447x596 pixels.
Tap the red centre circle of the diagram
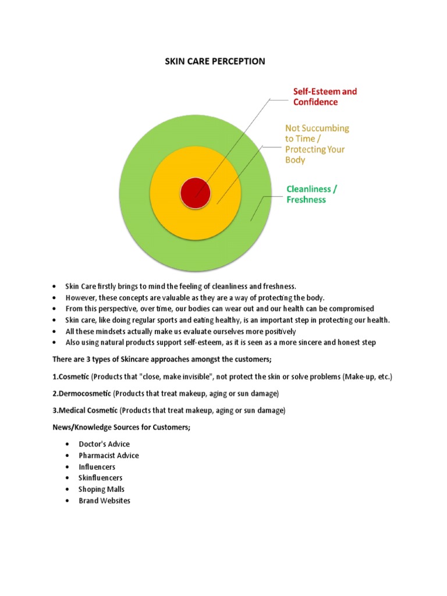tap(195, 193)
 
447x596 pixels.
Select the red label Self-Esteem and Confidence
tap(324, 97)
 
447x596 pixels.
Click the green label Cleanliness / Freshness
tap(311, 194)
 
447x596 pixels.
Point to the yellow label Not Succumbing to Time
tap(317, 143)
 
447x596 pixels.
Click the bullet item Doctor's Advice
tap(104, 444)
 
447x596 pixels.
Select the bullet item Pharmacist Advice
tap(109, 456)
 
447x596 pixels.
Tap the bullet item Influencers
tap(97, 467)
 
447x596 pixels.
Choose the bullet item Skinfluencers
tap(101, 478)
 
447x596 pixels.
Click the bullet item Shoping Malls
tap(101, 489)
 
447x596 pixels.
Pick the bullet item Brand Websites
tap(105, 501)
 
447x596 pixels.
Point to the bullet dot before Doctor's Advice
tap(69, 445)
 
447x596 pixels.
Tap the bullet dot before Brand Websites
tap(69, 501)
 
